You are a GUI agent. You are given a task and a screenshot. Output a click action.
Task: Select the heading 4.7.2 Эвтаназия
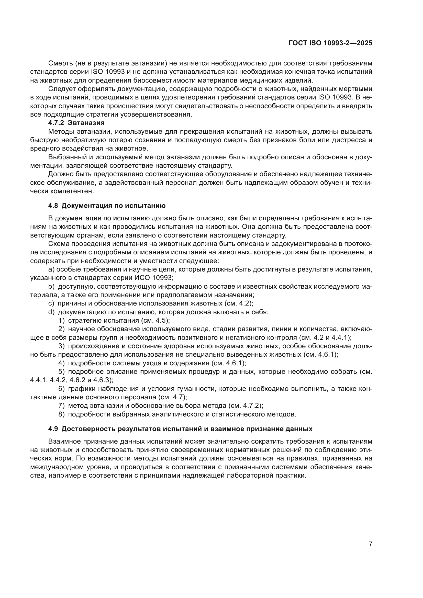tap(76, 123)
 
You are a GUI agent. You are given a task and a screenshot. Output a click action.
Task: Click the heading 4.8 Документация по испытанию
tap(107, 206)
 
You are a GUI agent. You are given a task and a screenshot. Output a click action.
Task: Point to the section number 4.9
tap(53, 385)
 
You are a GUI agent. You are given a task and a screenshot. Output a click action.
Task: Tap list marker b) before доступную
tap(51, 287)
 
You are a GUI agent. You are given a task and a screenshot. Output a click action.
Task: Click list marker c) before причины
tap(51, 303)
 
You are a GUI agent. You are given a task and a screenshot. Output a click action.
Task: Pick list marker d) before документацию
tap(51, 312)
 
